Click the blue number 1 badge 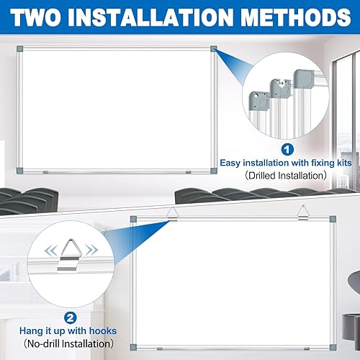[x=287, y=150]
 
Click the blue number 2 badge [x=69, y=294]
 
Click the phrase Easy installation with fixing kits [x=288, y=164]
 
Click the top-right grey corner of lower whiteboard [x=332, y=219]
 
